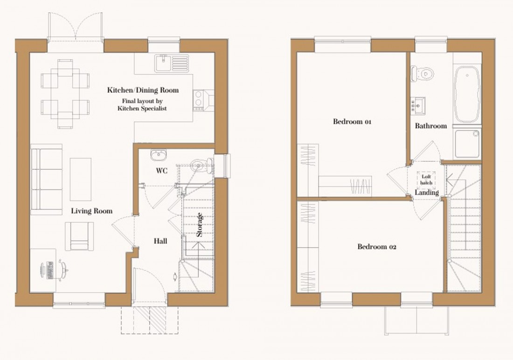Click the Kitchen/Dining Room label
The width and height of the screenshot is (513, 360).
pyautogui.click(x=143, y=90)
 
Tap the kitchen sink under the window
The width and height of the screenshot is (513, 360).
pyautogui.click(x=171, y=63)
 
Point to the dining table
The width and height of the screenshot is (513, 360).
pyautogui.click(x=65, y=93)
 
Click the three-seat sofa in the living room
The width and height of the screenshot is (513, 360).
pyautogui.click(x=47, y=179)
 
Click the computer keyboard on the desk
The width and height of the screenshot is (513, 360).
pyautogui.click(x=49, y=270)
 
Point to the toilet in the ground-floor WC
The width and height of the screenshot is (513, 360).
pyautogui.click(x=201, y=164)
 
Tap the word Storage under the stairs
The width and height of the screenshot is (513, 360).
pyautogui.click(x=200, y=225)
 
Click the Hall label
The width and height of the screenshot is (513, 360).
pyautogui.click(x=160, y=241)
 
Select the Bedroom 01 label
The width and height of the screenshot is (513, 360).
pyautogui.click(x=352, y=122)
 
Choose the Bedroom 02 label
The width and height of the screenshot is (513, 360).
pyautogui.click(x=376, y=247)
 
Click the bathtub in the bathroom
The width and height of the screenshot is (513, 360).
pyautogui.click(x=466, y=94)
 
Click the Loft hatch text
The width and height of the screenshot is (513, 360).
pyautogui.click(x=427, y=180)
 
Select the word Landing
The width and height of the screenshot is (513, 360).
pyautogui.click(x=427, y=192)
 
